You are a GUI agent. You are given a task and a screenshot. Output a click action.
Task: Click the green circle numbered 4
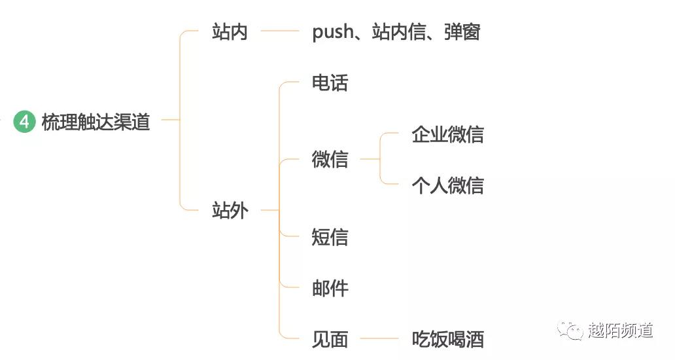(24, 122)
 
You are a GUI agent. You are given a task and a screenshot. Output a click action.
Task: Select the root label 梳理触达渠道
(95, 122)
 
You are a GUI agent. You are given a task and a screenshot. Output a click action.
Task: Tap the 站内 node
(230, 31)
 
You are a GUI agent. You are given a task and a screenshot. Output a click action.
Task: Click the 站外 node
(230, 211)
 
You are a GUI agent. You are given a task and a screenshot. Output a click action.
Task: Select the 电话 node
(330, 83)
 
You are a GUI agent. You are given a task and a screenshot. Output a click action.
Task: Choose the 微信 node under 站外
(330, 159)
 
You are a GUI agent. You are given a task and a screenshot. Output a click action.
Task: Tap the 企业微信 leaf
(447, 134)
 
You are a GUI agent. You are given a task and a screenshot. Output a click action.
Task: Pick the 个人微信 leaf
(447, 185)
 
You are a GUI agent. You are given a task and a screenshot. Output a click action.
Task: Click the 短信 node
(330, 237)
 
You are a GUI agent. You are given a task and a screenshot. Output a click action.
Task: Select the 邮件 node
(330, 288)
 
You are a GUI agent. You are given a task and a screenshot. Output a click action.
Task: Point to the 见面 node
(330, 339)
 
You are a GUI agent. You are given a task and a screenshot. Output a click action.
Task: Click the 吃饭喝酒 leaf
(447, 339)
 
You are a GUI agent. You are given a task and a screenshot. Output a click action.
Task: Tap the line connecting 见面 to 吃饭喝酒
(379, 339)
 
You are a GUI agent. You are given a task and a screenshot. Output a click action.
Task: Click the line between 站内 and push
(279, 31)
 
